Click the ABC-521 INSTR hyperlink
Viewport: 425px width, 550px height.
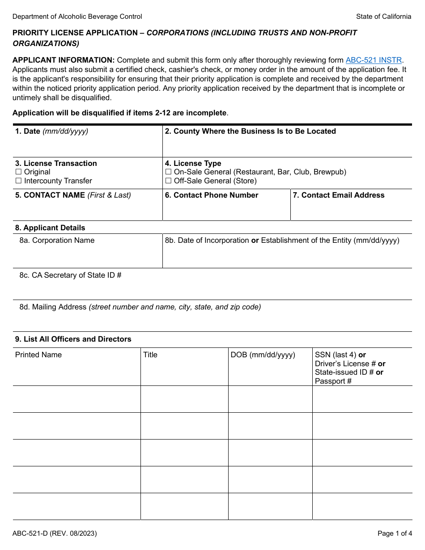374,60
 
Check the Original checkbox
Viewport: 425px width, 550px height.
18,172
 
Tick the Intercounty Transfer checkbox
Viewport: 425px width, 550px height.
18,181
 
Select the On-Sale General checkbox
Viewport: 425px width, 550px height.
168,172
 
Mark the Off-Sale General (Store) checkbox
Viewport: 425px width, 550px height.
168,181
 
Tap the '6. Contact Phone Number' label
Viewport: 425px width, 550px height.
211,195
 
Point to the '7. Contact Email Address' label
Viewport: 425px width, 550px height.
338,195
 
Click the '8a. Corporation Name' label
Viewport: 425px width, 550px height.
57,240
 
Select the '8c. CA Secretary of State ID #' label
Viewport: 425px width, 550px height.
70,275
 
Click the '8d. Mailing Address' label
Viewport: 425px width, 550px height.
53,307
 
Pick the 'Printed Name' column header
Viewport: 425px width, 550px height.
38,355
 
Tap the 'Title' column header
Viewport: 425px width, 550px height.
150,355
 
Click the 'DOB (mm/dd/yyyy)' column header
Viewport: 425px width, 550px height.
263,355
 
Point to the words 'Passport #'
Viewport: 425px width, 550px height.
333,381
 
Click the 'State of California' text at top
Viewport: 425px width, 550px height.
383,17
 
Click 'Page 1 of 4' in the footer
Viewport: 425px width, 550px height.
394,533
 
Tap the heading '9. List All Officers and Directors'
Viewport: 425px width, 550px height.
73,339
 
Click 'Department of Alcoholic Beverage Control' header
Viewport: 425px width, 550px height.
77,17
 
